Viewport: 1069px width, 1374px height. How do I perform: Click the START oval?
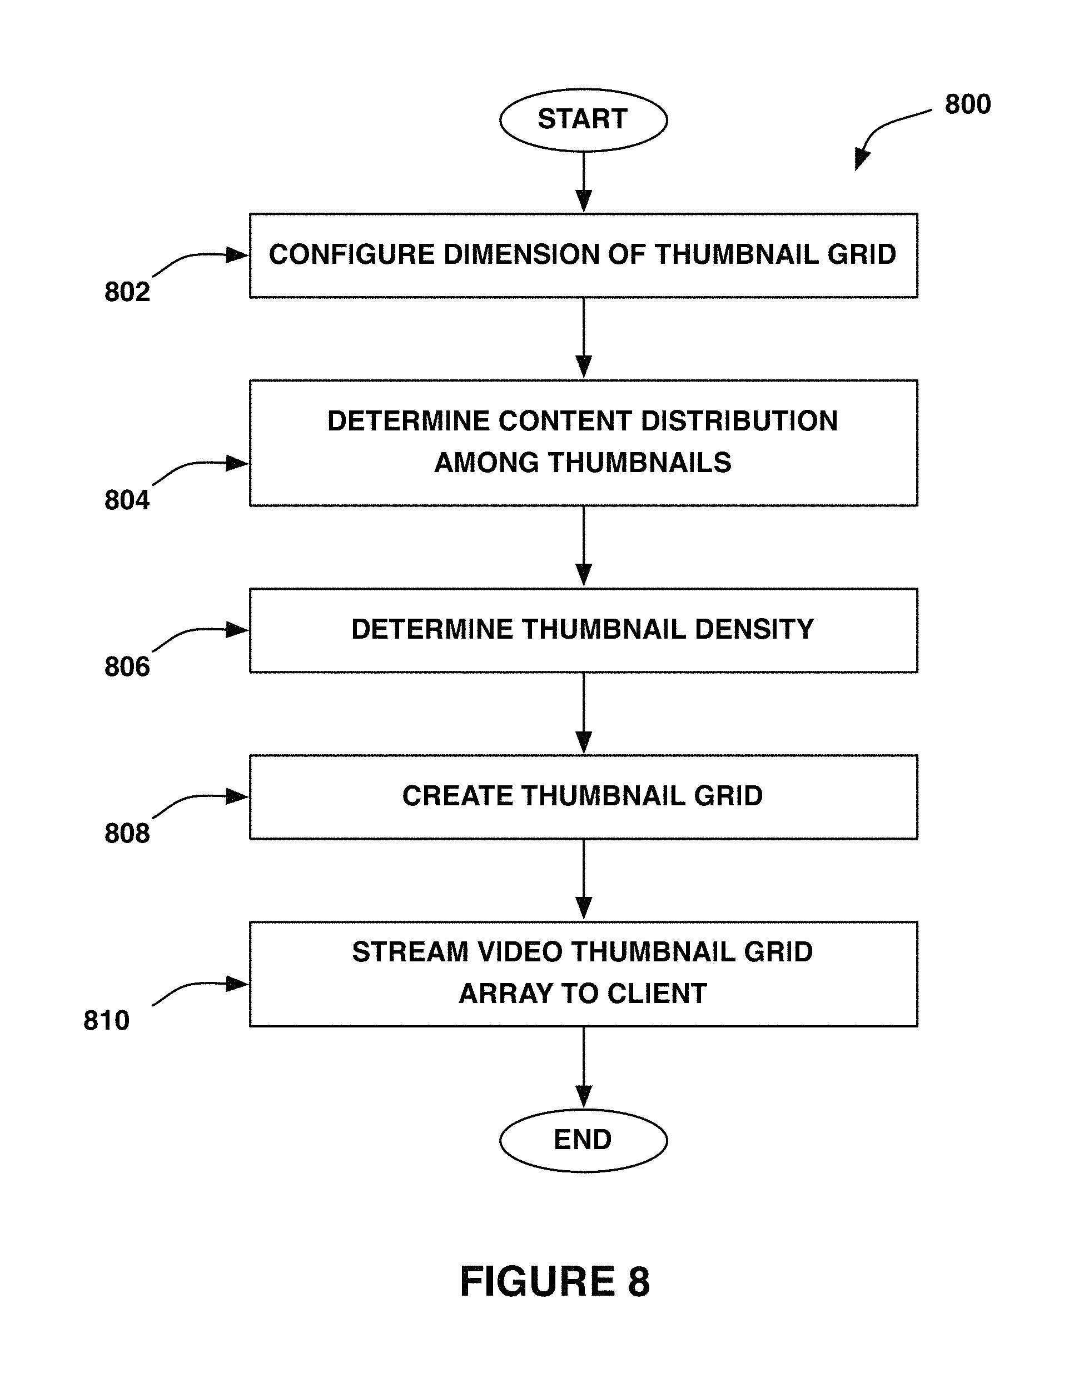tap(583, 119)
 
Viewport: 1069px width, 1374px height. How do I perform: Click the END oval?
tap(583, 1140)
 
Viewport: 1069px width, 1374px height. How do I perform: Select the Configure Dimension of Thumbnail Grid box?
tap(584, 255)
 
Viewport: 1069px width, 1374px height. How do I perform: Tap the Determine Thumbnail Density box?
tap(584, 630)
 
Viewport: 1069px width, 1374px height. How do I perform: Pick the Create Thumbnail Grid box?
tap(584, 797)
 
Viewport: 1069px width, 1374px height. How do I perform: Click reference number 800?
tap(968, 104)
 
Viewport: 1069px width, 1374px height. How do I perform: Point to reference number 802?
tap(127, 292)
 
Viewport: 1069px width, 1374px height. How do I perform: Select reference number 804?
tap(127, 500)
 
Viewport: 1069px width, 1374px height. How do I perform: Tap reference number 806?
tap(127, 667)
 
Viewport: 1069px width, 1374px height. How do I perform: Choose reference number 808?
tap(127, 833)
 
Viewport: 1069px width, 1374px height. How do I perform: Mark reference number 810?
tap(106, 1020)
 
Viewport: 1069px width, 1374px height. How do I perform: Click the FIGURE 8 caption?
tap(555, 1281)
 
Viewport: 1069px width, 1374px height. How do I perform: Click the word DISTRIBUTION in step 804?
tap(739, 421)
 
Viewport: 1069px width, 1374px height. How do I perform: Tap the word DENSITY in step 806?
tap(754, 629)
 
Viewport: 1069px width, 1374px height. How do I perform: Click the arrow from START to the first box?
tap(584, 182)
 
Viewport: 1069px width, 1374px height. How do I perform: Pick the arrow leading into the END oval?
tap(584, 1067)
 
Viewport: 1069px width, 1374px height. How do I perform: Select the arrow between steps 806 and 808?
tap(584, 714)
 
